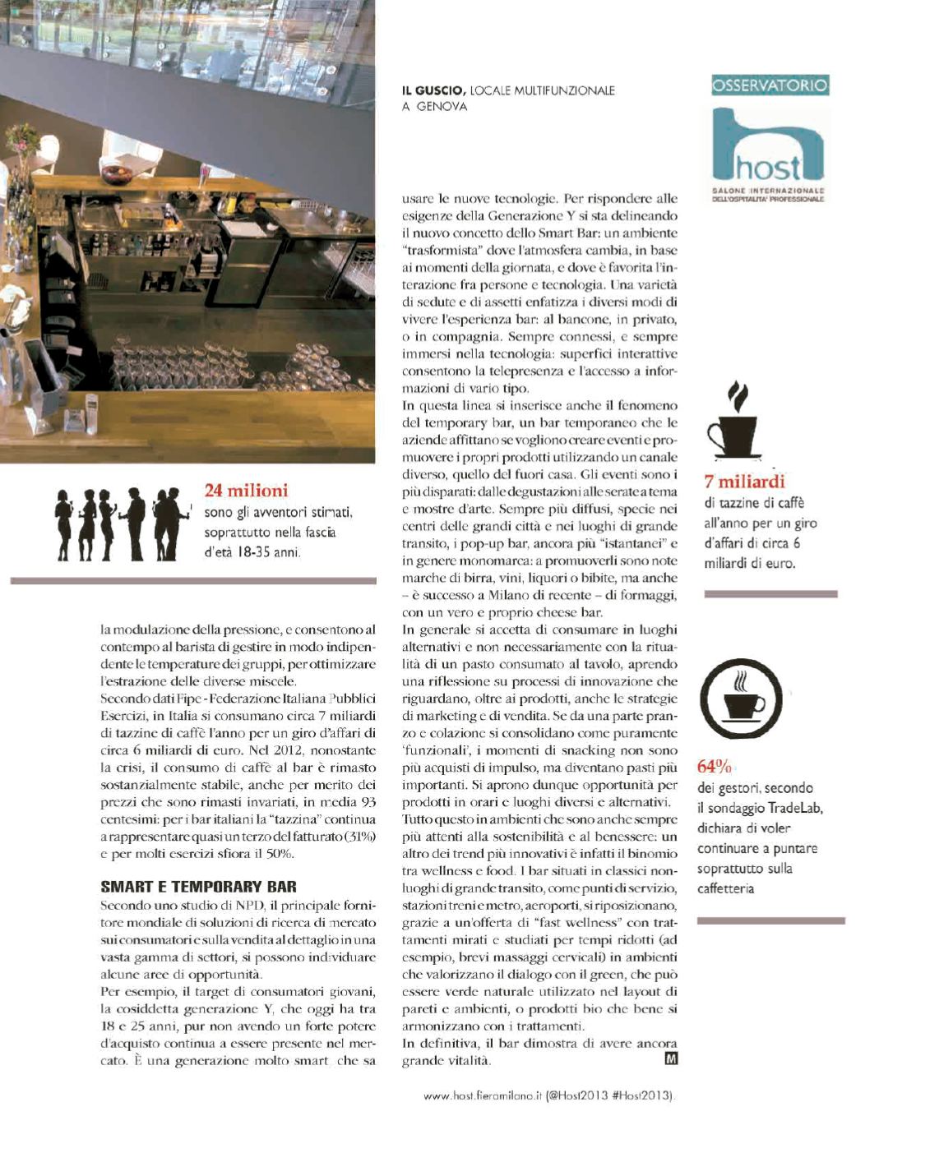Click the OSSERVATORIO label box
click(x=770, y=85)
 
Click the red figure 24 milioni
click(x=246, y=491)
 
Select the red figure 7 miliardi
click(x=744, y=482)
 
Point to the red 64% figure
click(x=714, y=767)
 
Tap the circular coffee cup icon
click(x=741, y=700)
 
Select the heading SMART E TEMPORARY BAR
click(x=198, y=887)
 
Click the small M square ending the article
click(x=670, y=1059)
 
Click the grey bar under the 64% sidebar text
click(x=770, y=921)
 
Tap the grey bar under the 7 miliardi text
click(x=770, y=593)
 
